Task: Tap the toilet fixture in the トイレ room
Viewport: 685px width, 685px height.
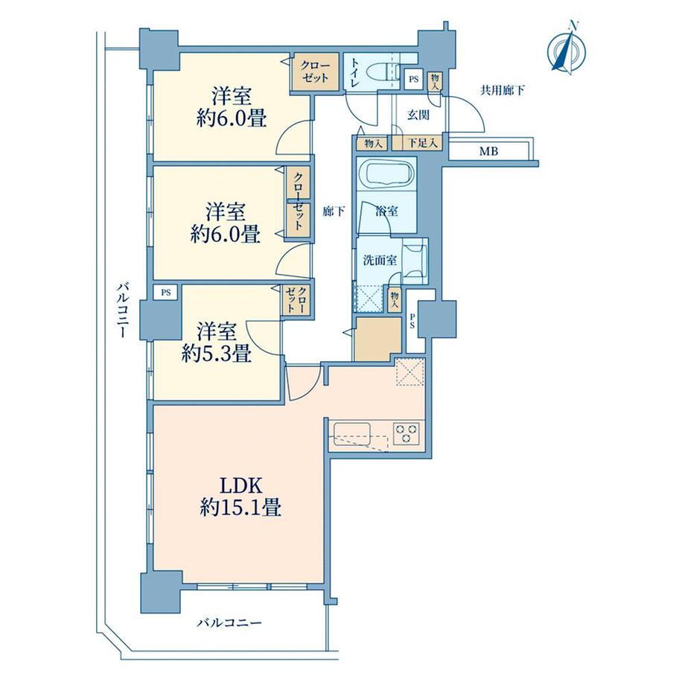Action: [x=384, y=71]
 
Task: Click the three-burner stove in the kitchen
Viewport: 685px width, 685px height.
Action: [x=407, y=433]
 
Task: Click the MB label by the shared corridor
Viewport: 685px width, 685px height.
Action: [x=488, y=152]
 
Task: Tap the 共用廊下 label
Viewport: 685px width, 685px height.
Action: [x=503, y=91]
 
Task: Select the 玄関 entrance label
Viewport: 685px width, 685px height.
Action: [x=418, y=115]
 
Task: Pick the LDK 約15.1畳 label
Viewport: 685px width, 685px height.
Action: [x=240, y=497]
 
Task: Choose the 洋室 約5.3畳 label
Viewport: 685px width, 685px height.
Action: [x=217, y=342]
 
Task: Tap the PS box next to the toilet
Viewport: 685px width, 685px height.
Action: [x=413, y=80]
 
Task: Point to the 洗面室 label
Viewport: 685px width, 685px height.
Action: [x=380, y=261]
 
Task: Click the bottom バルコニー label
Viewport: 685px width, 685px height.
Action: [x=229, y=622]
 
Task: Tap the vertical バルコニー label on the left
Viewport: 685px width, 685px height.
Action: [x=123, y=310]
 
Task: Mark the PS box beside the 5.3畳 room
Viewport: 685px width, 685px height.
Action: [x=165, y=293]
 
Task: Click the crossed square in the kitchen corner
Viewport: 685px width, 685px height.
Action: [x=410, y=372]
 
